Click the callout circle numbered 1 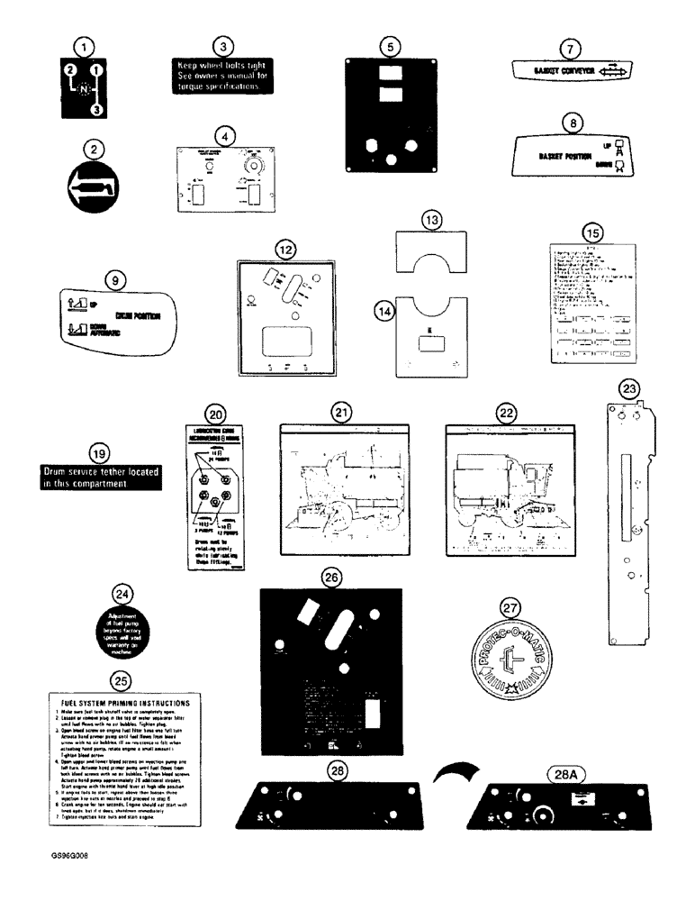click(x=83, y=44)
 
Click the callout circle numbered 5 click(x=387, y=44)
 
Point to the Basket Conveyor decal click(x=572, y=72)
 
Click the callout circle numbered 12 click(x=285, y=248)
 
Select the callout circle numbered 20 click(x=214, y=414)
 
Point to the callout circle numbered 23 click(x=630, y=389)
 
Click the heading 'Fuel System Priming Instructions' click(x=124, y=701)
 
